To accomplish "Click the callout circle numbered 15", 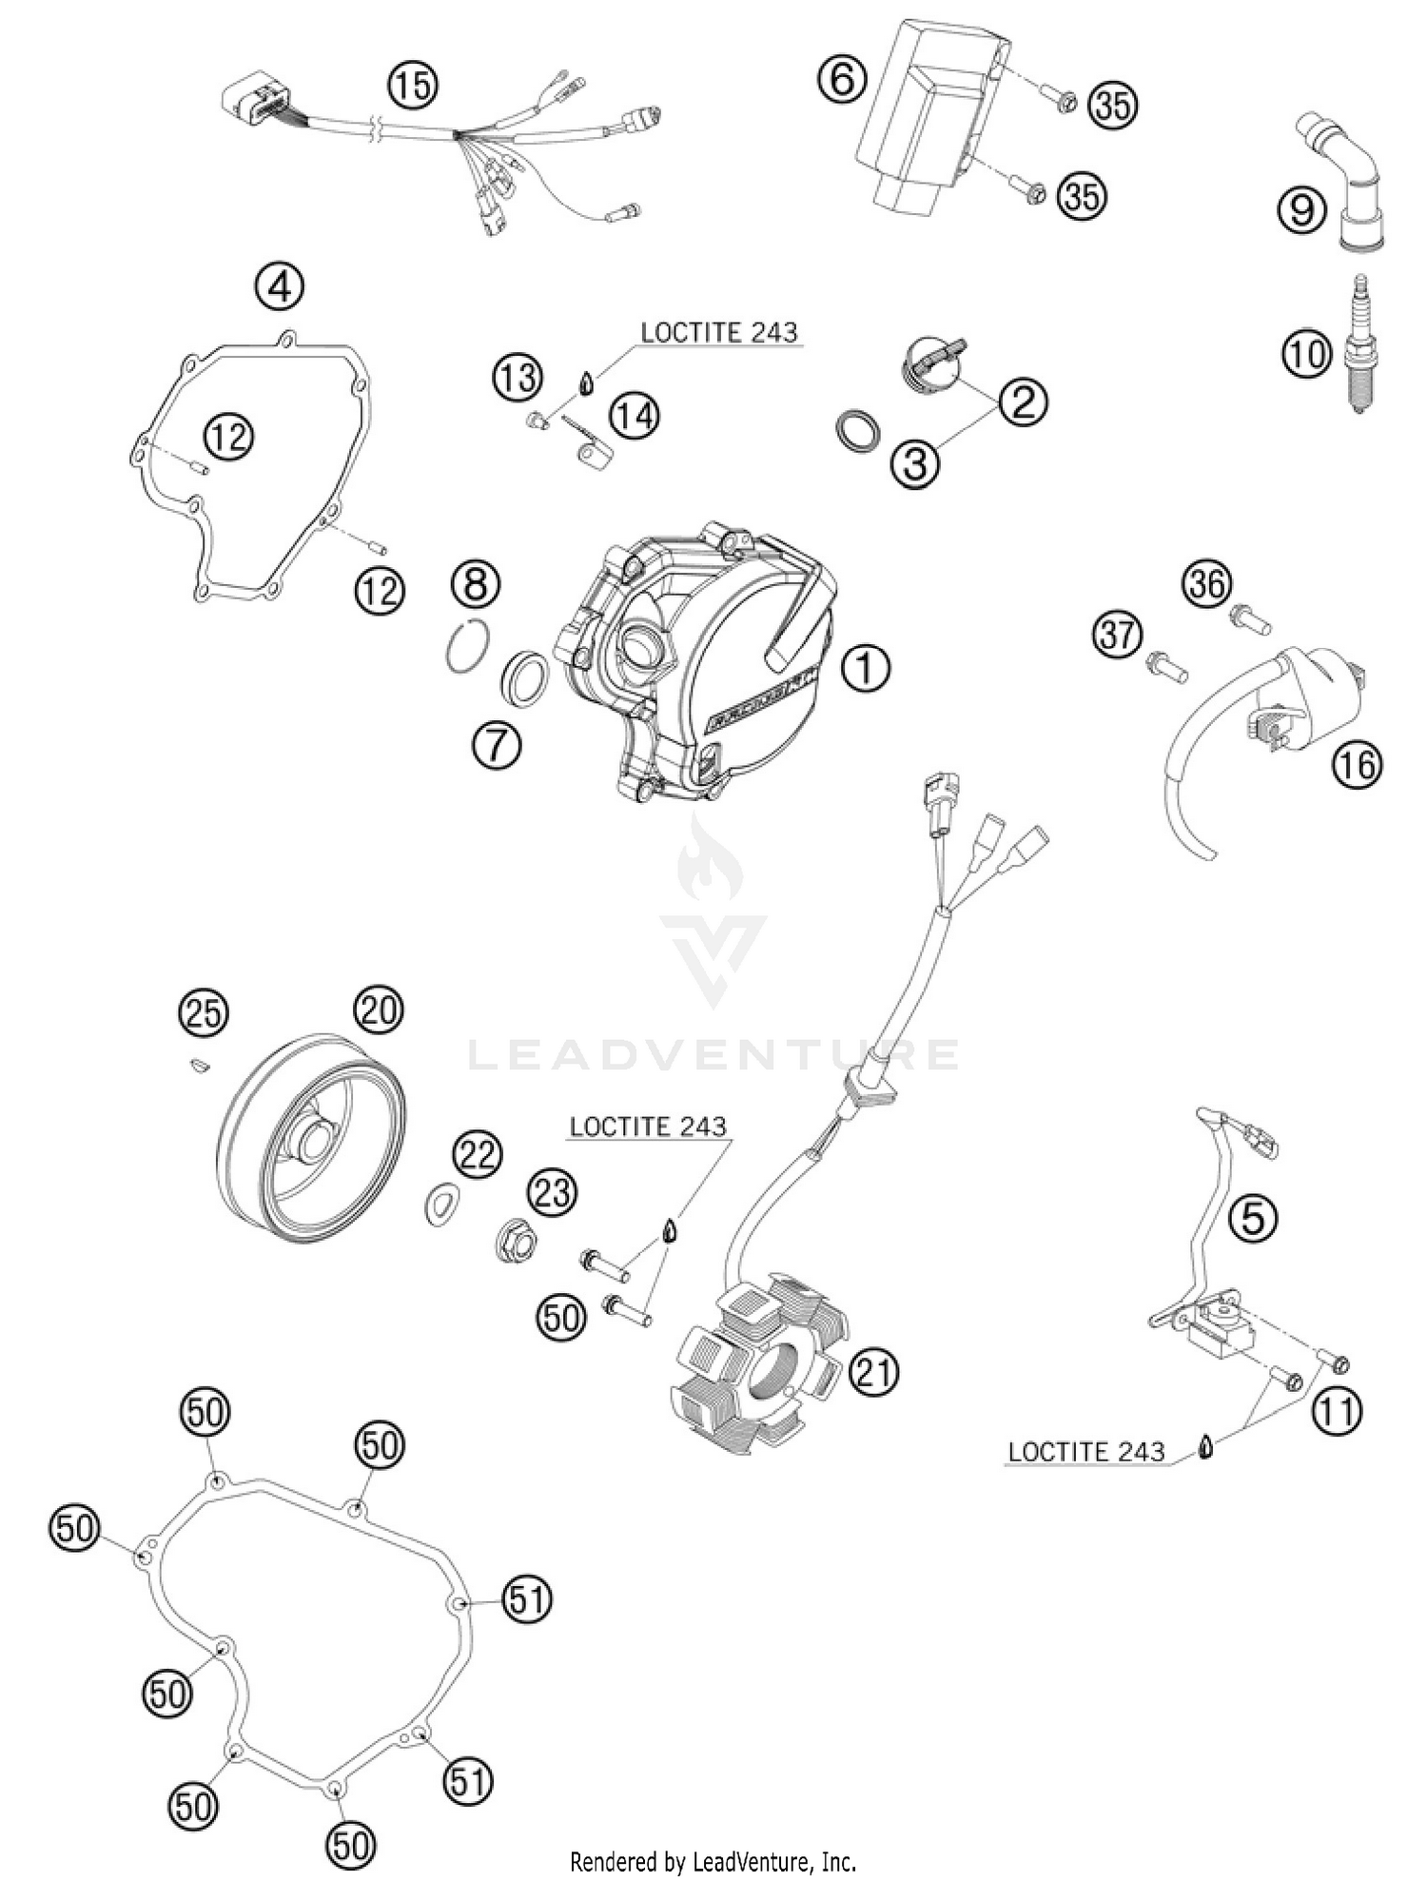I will (x=412, y=86).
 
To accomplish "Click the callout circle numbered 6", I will (x=842, y=79).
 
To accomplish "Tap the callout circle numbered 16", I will (x=1356, y=763).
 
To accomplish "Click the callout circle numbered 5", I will (x=1253, y=1216).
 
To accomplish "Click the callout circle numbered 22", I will (x=476, y=1154).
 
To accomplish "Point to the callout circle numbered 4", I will (x=279, y=285).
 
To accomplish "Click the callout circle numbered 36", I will (x=1207, y=582).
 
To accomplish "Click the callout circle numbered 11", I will (x=1337, y=1412).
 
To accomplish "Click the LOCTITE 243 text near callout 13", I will (x=718, y=333).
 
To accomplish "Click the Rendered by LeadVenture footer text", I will (x=713, y=1860).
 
